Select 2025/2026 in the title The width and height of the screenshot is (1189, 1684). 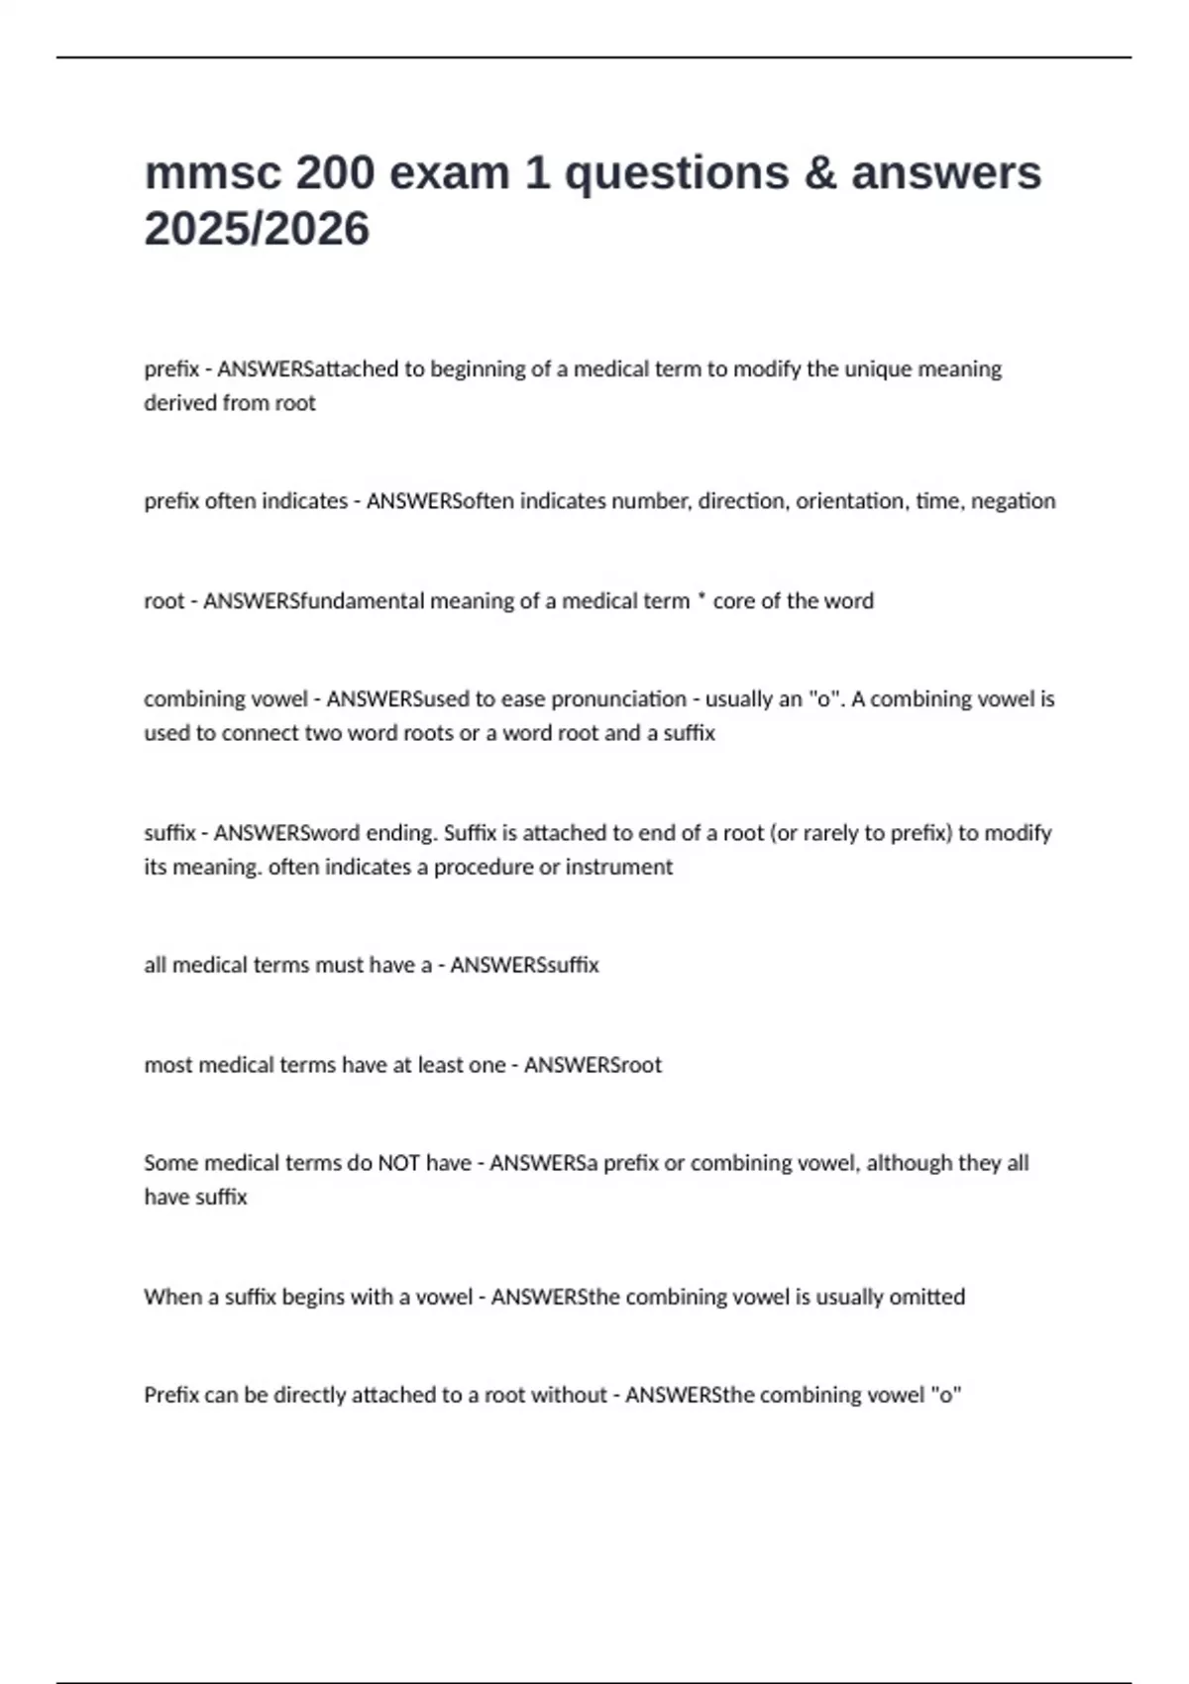tap(257, 229)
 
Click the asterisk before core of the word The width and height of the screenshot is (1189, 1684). tap(702, 599)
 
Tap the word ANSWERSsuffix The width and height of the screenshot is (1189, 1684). tap(524, 965)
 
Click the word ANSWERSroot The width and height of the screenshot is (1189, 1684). tap(593, 1065)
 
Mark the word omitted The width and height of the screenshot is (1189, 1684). tap(926, 1297)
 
